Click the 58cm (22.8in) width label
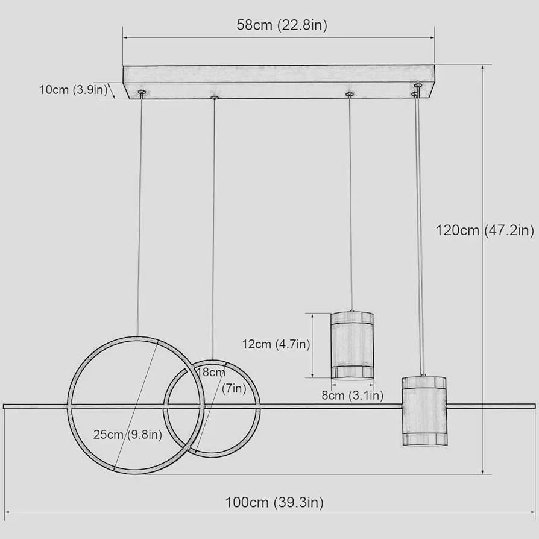click(x=282, y=25)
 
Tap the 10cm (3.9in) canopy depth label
click(x=73, y=90)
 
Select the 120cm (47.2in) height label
click(x=485, y=230)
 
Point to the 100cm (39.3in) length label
click(x=274, y=502)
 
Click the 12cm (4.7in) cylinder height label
click(x=276, y=344)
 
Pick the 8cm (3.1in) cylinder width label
click(x=352, y=396)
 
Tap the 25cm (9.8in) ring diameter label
click(x=128, y=435)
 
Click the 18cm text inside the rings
click(x=211, y=372)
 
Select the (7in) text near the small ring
click(x=234, y=388)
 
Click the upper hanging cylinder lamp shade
click(x=352, y=346)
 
